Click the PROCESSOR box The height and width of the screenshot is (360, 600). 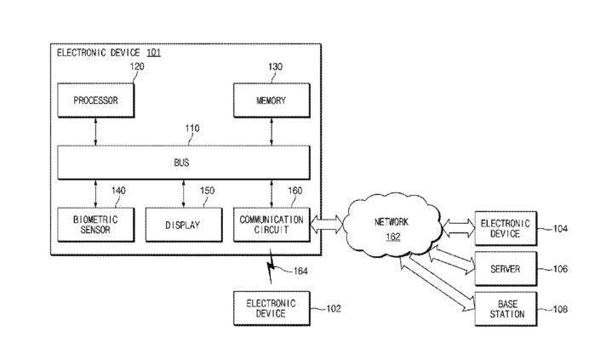[95, 100]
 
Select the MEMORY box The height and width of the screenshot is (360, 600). [271, 100]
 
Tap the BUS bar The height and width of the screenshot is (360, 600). [184, 163]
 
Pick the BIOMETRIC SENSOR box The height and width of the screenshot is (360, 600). [95, 225]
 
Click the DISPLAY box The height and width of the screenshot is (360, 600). [184, 225]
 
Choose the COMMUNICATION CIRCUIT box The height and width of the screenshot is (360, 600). [271, 225]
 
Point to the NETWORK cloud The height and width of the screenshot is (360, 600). [392, 226]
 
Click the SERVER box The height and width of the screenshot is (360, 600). [506, 269]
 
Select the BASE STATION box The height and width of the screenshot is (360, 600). [506, 309]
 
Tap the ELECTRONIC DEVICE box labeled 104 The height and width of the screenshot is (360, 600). [506, 228]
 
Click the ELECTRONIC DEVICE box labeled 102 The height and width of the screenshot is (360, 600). [271, 308]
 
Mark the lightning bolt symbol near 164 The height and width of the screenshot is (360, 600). [271, 266]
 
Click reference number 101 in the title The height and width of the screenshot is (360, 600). [153, 53]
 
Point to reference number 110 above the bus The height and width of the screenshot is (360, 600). [192, 129]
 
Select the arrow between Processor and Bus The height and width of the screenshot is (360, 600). [95, 131]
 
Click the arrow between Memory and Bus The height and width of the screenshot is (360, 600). [271, 131]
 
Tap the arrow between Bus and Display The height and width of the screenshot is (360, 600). [184, 193]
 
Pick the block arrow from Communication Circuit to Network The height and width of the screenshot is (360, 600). [327, 224]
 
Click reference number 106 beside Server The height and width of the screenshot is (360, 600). [560, 269]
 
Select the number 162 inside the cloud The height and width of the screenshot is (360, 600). [393, 237]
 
